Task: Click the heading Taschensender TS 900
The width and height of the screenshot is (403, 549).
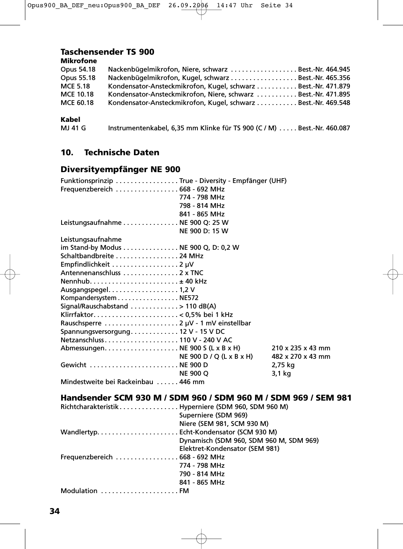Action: [x=107, y=52]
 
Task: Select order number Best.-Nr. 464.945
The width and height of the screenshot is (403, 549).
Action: [x=324, y=70]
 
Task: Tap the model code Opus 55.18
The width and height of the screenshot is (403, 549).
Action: [x=78, y=78]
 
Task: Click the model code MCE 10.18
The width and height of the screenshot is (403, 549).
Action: [x=77, y=95]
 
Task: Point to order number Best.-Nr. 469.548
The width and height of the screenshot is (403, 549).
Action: [x=324, y=103]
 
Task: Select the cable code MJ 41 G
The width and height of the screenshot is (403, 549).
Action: [x=73, y=128]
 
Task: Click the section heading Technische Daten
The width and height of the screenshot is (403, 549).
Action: [x=121, y=152]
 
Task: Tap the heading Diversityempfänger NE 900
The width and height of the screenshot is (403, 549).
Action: [x=120, y=169]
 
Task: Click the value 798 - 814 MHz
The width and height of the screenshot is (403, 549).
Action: [x=201, y=206]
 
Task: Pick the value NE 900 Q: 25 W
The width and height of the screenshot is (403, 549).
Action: [x=204, y=223]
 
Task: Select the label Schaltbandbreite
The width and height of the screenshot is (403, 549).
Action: [x=87, y=256]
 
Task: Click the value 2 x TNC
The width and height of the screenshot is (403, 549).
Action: [x=191, y=273]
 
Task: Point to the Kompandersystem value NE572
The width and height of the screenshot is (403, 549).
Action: [x=189, y=298]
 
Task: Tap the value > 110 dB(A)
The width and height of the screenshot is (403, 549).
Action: [x=197, y=306]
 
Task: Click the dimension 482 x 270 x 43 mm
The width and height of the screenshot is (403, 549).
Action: [x=300, y=357]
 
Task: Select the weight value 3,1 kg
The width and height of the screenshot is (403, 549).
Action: [x=281, y=374]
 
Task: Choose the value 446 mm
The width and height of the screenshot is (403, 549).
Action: [x=191, y=382]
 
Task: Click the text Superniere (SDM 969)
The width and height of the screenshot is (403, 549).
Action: [x=213, y=415]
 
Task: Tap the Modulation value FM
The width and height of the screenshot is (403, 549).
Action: [x=184, y=491]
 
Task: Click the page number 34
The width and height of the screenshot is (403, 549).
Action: [x=54, y=511]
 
